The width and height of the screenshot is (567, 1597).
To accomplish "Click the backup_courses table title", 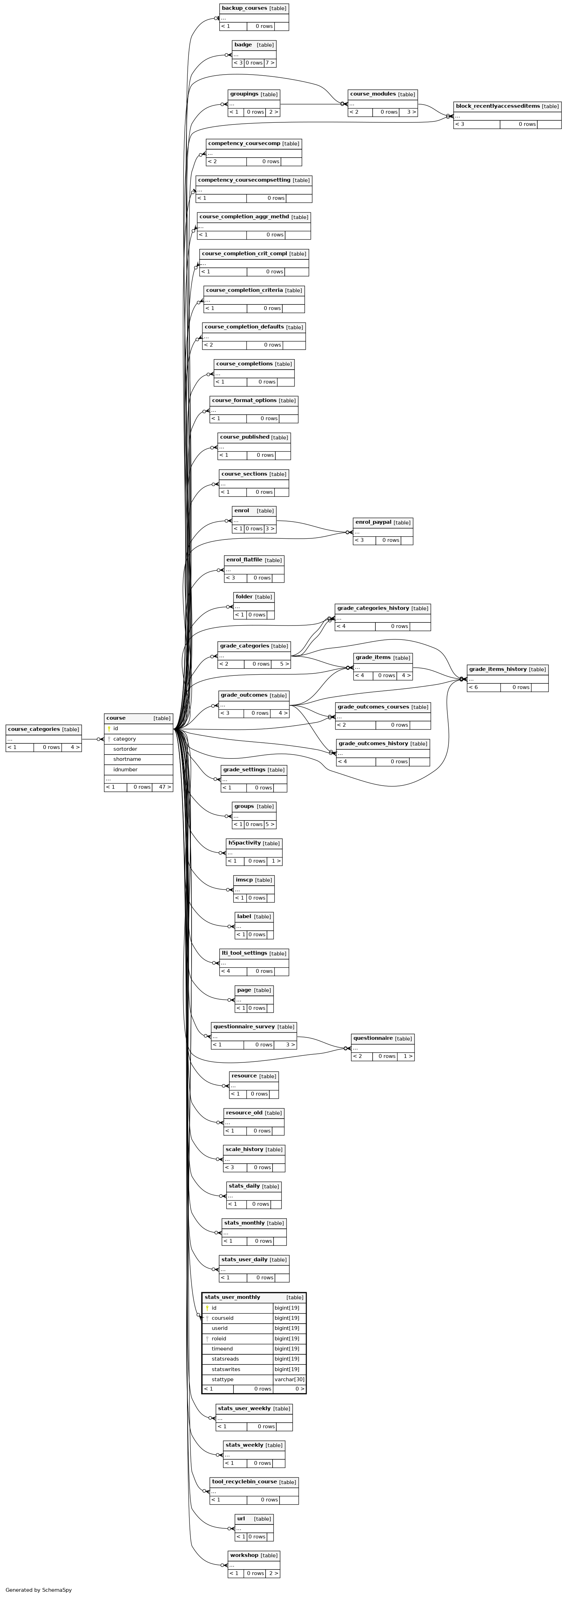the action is [244, 8].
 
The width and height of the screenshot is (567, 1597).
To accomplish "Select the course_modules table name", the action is [373, 94].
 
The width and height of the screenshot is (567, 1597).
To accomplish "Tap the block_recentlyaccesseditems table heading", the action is [498, 106].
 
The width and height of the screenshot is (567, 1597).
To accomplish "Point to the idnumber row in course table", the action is [125, 769].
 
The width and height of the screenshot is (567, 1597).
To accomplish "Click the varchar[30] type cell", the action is [290, 1379].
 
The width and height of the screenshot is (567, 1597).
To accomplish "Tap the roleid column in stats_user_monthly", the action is [219, 1339].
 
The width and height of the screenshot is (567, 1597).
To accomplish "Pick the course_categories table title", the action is [33, 729].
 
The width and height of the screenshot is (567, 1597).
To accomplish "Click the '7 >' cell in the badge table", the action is [270, 63].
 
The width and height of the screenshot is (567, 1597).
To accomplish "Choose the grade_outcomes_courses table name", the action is [373, 707].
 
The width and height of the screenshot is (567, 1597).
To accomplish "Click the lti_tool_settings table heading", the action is [244, 953].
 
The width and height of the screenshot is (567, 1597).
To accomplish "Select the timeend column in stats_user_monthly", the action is [222, 1348].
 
